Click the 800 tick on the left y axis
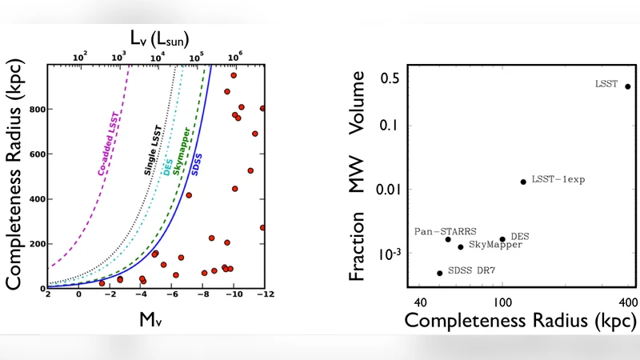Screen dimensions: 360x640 (x=35, y=110)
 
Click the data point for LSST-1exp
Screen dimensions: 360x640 (x=523, y=182)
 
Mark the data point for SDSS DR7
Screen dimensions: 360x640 (x=439, y=273)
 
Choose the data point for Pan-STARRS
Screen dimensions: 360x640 (x=448, y=239)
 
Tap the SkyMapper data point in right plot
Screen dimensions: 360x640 (x=461, y=247)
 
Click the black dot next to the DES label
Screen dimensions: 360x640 (x=502, y=239)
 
